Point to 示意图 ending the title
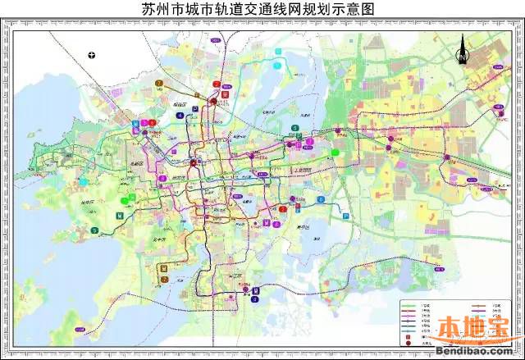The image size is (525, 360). pyautogui.click(x=358, y=11)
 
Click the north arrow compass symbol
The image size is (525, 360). pyautogui.click(x=462, y=55)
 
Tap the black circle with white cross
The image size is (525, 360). pyautogui.click(x=93, y=55)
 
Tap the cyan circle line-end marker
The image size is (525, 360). pyautogui.click(x=279, y=51)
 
